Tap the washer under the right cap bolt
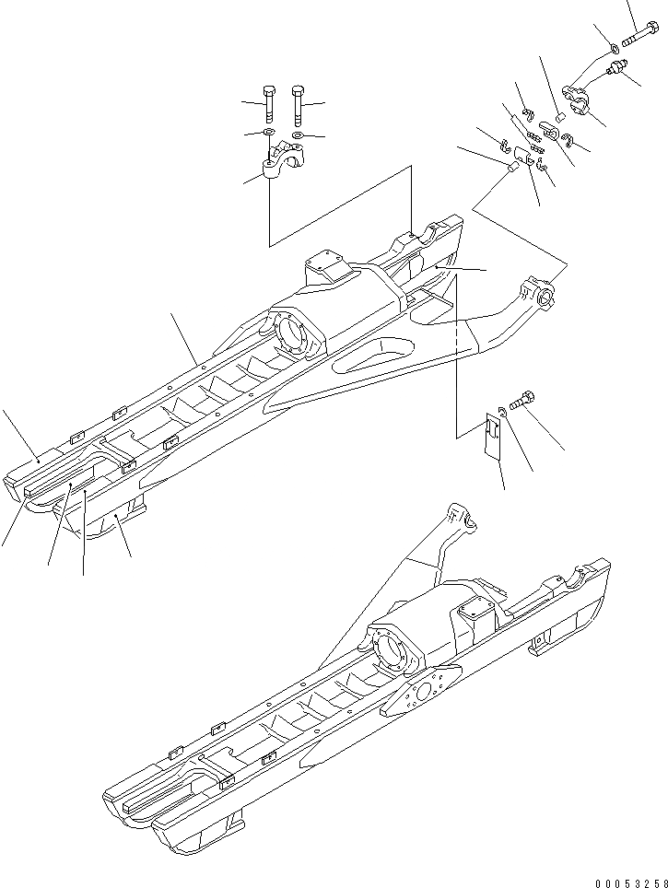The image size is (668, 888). (x=297, y=135)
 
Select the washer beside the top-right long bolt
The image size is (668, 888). (x=614, y=46)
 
